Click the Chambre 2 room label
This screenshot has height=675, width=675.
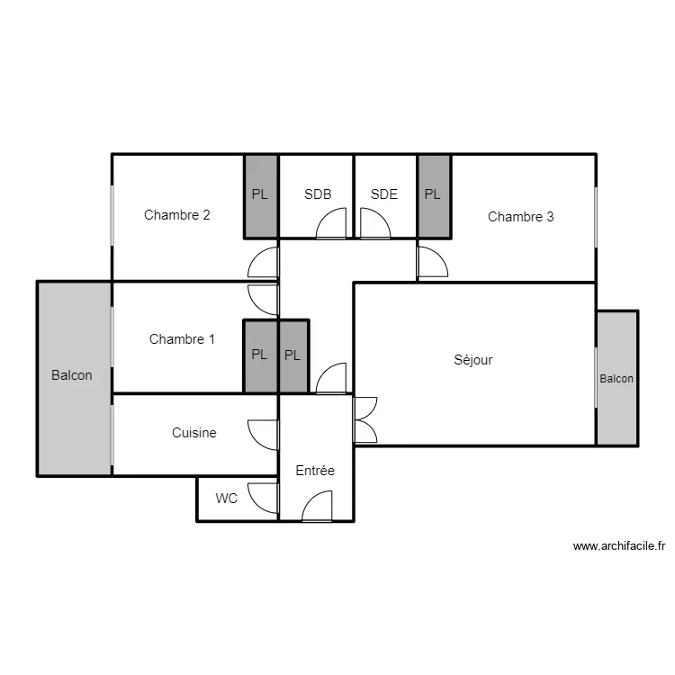[x=177, y=215]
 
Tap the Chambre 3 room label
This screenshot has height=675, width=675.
[x=520, y=217]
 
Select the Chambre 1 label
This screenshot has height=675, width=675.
[x=182, y=339]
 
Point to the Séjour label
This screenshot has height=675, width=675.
[x=473, y=359]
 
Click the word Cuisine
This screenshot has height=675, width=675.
[x=194, y=433]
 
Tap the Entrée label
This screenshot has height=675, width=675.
[x=315, y=471]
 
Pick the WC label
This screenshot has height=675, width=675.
[x=227, y=499]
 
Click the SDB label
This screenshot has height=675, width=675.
[x=318, y=194]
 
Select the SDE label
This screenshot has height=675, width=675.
[x=384, y=194]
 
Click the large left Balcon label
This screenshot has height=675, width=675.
[x=71, y=375]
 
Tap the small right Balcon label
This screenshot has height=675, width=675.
[x=616, y=379]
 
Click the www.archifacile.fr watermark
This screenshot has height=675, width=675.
[x=619, y=546]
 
